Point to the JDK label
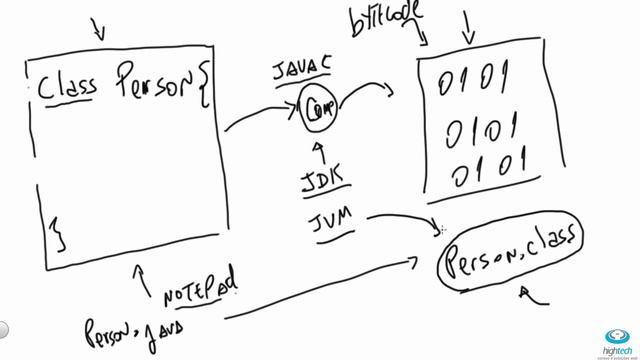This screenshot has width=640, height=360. [323, 182]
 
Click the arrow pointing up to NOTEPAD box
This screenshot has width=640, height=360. [140, 272]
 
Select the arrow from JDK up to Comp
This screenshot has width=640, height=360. [319, 151]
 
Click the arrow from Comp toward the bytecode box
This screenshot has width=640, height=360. [367, 91]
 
